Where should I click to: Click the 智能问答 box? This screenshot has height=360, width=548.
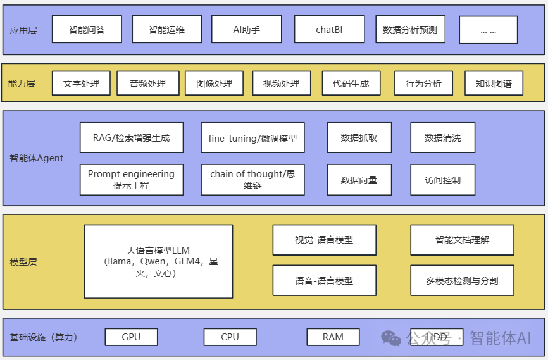87,30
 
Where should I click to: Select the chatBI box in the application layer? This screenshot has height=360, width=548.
329,30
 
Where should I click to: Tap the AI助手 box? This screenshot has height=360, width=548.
246,30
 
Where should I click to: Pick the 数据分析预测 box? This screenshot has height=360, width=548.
409,30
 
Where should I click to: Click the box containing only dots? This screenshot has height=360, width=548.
488,30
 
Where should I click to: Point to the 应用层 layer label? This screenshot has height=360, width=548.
23,30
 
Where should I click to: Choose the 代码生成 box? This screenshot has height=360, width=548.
351,84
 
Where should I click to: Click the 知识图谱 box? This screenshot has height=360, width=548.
494,84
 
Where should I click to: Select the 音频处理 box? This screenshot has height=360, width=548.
147,84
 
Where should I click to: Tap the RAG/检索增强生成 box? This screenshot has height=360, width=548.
132,138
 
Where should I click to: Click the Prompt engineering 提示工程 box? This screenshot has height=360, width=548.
132,180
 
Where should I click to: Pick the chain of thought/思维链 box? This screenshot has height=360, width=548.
252,180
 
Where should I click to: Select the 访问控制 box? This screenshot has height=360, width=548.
442,180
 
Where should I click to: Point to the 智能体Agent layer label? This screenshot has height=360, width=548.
37,158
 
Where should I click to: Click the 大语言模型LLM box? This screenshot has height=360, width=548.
158,261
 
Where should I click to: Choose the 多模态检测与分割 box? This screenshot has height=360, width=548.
462,280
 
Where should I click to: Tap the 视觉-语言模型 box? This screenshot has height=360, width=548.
324,240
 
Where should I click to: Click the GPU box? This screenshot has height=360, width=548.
131,337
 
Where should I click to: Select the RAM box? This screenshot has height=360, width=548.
333,337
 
